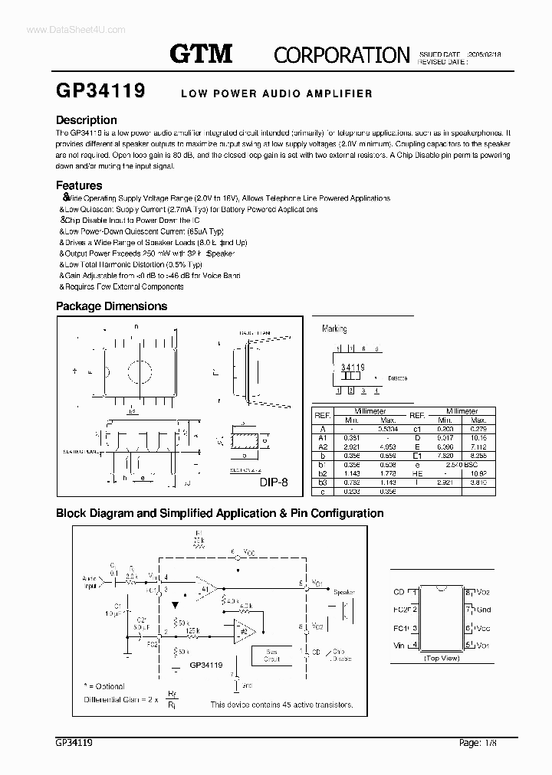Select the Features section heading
[79, 185]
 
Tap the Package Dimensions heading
[111, 306]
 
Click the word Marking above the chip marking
[334, 329]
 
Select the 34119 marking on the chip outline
[352, 368]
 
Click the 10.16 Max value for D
[479, 438]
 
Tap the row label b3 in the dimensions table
[322, 482]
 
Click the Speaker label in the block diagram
[344, 592]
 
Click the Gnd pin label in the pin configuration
[483, 610]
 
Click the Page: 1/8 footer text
[481, 742]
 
